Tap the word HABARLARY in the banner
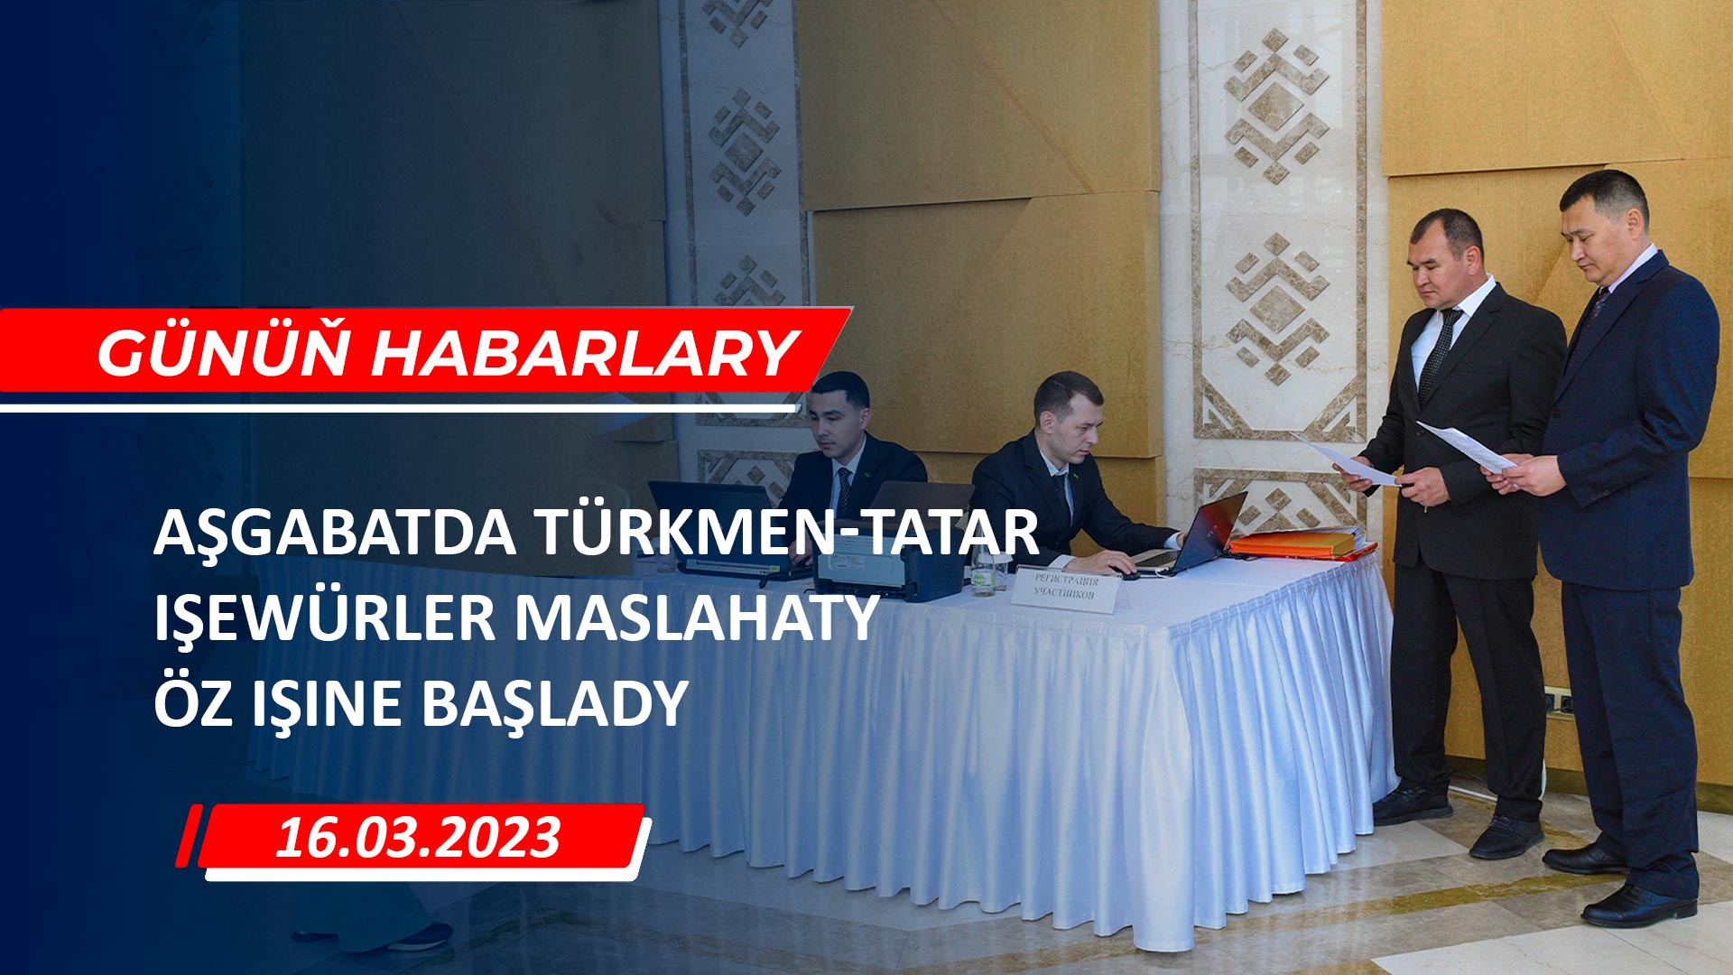pyautogui.click(x=584, y=352)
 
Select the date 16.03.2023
pyautogui.click(x=418, y=838)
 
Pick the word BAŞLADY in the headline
pyautogui.click(x=556, y=705)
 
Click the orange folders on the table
pyautogui.click(x=1301, y=544)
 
